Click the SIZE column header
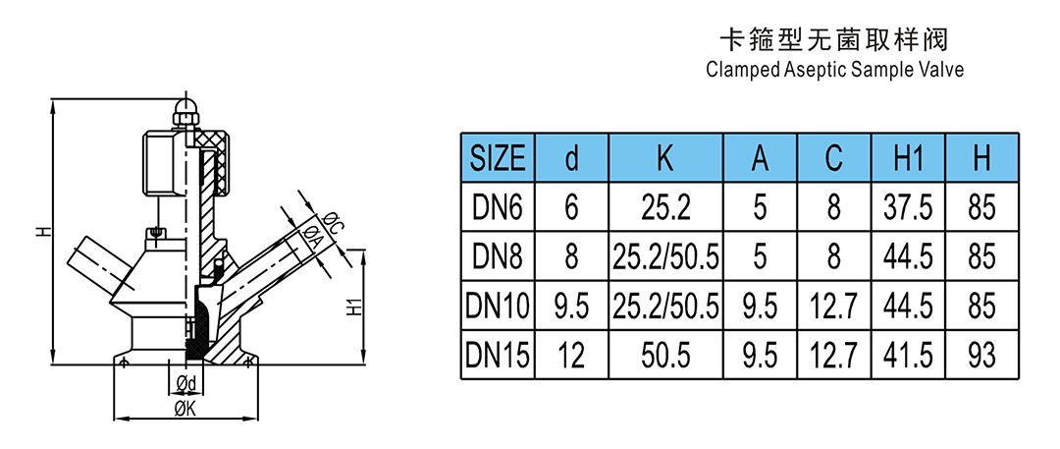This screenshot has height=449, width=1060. [x=498, y=158]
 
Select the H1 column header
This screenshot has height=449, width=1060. [x=908, y=158]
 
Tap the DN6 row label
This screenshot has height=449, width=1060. [x=498, y=208]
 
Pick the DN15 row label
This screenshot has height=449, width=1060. [x=498, y=355]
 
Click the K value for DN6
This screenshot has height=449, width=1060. [x=665, y=208]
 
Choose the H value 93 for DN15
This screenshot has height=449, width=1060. [x=981, y=355]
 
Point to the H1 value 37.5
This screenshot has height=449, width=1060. [x=908, y=208]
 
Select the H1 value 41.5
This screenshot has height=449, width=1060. [x=908, y=355]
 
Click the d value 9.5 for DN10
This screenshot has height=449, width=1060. [x=571, y=307]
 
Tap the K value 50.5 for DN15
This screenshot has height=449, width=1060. [x=665, y=355]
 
